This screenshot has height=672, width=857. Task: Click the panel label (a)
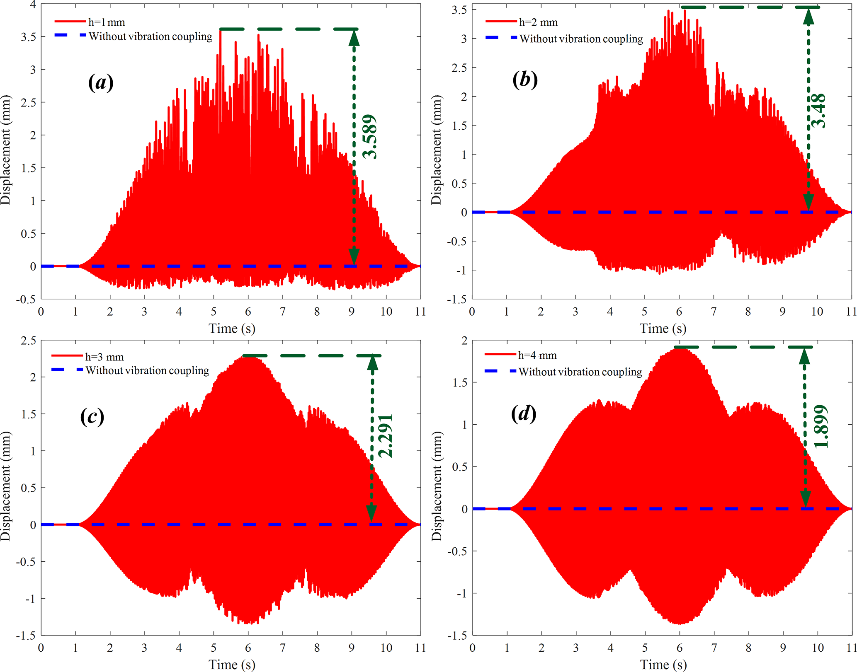101,82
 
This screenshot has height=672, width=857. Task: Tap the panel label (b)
525,79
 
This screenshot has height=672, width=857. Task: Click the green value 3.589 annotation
370,137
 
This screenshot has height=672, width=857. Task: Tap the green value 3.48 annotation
818,111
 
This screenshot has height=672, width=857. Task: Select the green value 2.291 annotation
386,435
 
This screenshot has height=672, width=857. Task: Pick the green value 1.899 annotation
821,427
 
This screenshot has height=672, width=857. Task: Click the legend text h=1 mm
107,22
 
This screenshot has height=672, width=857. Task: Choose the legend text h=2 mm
538,22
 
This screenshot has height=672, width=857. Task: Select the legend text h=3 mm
104,357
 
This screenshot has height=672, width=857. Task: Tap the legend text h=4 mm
537,355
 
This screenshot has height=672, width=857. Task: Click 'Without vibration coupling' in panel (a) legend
151,37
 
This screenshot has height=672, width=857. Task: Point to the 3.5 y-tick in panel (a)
28,37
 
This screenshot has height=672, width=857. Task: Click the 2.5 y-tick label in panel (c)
28,341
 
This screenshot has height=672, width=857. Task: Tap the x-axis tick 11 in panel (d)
851,648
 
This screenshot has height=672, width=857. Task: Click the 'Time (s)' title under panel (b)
663,329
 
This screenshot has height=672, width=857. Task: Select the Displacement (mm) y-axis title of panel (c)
6,486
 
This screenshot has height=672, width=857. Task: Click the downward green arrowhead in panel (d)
805,499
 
